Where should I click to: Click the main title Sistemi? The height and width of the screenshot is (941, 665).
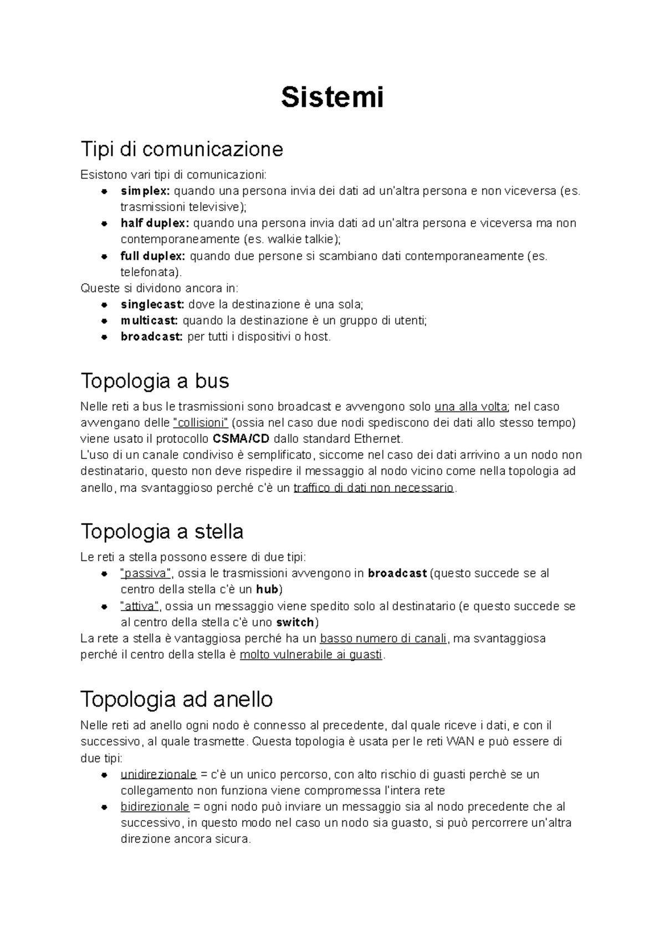click(332, 98)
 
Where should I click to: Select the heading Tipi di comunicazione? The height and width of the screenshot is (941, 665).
click(182, 149)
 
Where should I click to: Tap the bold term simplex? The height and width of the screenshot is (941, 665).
click(146, 191)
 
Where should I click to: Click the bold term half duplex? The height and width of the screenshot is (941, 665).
click(155, 223)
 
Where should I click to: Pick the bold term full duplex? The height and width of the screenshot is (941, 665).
click(153, 256)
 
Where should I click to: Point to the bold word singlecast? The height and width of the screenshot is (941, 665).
click(152, 304)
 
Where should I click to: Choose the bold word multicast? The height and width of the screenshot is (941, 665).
click(149, 320)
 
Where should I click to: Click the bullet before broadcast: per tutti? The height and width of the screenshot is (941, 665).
click(104, 337)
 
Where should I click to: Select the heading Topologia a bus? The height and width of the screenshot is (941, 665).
click(155, 381)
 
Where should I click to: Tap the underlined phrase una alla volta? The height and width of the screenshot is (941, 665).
click(472, 407)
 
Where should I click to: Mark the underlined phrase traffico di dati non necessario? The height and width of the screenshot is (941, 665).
click(374, 488)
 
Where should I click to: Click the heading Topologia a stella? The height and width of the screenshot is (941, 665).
click(162, 532)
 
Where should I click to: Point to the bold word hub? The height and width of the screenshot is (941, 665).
click(267, 589)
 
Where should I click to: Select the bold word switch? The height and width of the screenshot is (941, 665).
click(295, 622)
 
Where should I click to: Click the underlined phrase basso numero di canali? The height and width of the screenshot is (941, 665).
click(383, 638)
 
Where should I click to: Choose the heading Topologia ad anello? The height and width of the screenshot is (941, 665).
click(176, 699)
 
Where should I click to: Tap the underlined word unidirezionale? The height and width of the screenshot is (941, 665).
click(158, 774)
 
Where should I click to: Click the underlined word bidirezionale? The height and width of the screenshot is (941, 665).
click(155, 807)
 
